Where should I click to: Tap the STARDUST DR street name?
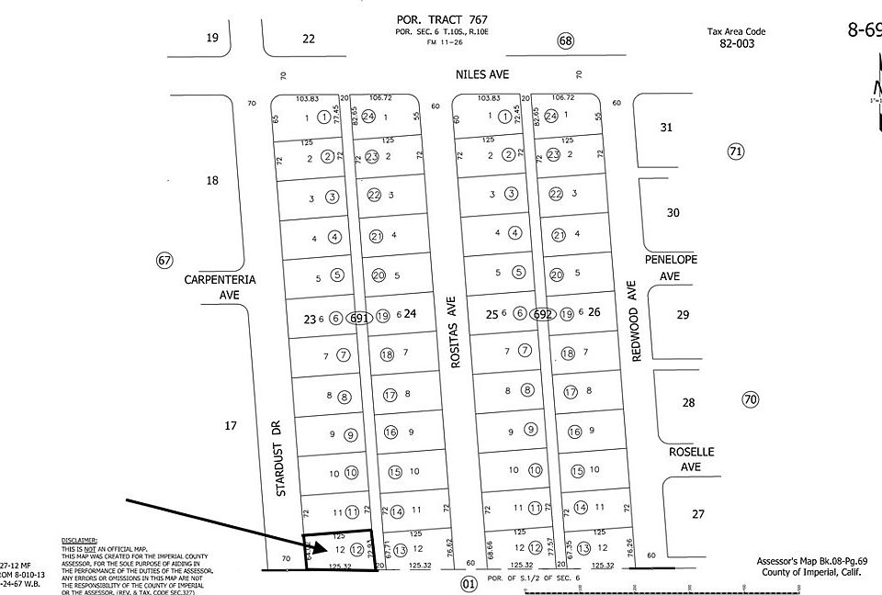[281, 459]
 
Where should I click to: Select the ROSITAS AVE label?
[452, 331]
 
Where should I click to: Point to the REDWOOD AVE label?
[633, 320]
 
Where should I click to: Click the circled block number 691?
[359, 318]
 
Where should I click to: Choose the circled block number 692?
[543, 314]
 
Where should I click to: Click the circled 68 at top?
[565, 40]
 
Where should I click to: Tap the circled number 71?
[735, 152]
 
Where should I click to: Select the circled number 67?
[164, 261]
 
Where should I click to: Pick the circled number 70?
[751, 399]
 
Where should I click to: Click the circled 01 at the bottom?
[469, 582]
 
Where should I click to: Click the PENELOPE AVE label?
[672, 267]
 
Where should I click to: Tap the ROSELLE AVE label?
[690, 460]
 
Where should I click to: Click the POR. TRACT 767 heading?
[441, 18]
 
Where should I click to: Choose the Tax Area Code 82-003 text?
[736, 37]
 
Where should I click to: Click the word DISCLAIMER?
[80, 541]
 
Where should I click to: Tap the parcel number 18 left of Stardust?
[212, 181]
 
